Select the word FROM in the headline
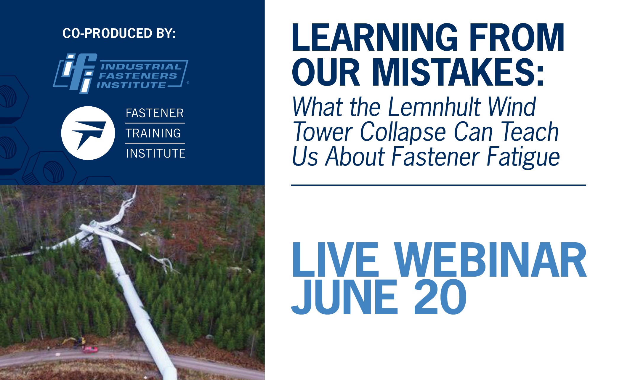(x=517, y=38)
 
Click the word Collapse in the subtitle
(x=403, y=132)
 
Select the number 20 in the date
(x=440, y=297)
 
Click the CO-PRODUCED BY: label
(x=119, y=33)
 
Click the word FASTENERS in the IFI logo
(x=138, y=76)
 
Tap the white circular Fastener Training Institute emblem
(x=88, y=133)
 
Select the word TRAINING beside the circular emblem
(x=153, y=133)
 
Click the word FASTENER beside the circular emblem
(x=155, y=113)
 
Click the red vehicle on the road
(x=90, y=349)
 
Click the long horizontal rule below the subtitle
(x=438, y=185)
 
